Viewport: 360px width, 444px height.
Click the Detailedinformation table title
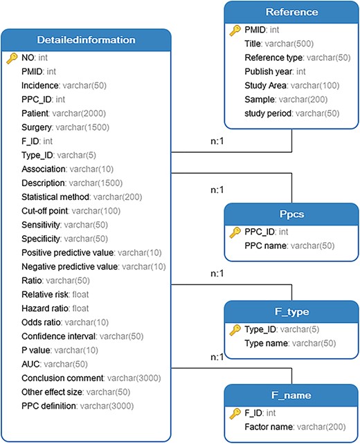[86, 40]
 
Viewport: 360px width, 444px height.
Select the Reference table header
[291, 12]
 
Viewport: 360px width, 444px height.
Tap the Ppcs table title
[291, 214]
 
